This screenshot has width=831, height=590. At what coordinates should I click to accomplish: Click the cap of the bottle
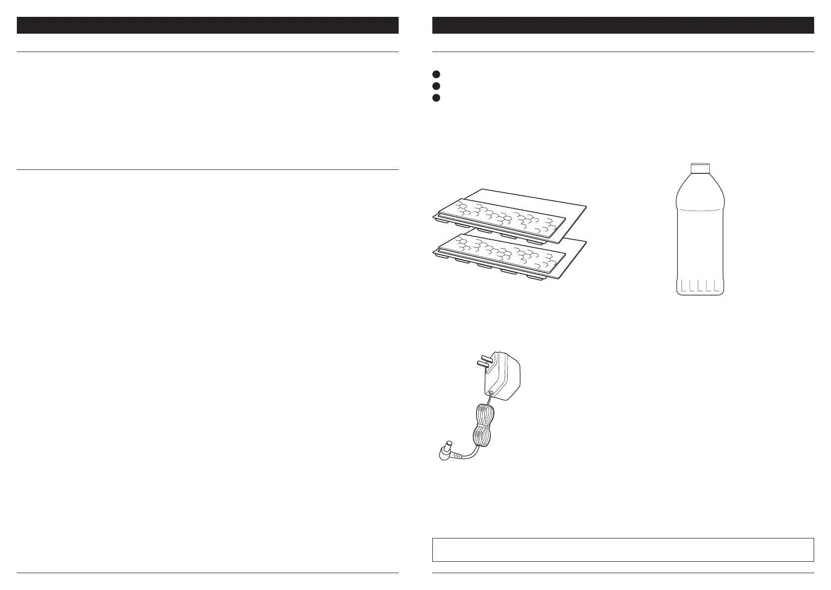click(700, 169)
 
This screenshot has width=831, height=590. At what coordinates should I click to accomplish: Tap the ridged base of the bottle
click(699, 286)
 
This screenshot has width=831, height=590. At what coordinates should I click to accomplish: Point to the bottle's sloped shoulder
click(699, 191)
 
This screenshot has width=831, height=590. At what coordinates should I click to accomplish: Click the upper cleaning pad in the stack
click(500, 218)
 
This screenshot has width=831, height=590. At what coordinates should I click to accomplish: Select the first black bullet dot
click(436, 74)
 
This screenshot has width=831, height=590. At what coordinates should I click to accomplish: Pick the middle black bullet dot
click(436, 86)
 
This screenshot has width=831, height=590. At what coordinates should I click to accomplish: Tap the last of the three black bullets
click(436, 98)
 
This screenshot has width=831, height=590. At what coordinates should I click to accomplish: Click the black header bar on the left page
click(208, 25)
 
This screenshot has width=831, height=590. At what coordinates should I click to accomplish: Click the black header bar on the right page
click(623, 25)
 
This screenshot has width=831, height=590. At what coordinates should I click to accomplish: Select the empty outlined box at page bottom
click(623, 549)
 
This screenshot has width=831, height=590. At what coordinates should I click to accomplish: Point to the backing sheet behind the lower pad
click(570, 248)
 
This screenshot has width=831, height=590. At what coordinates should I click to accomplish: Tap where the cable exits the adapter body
click(491, 394)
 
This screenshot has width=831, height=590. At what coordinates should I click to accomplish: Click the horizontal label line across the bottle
click(699, 210)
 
